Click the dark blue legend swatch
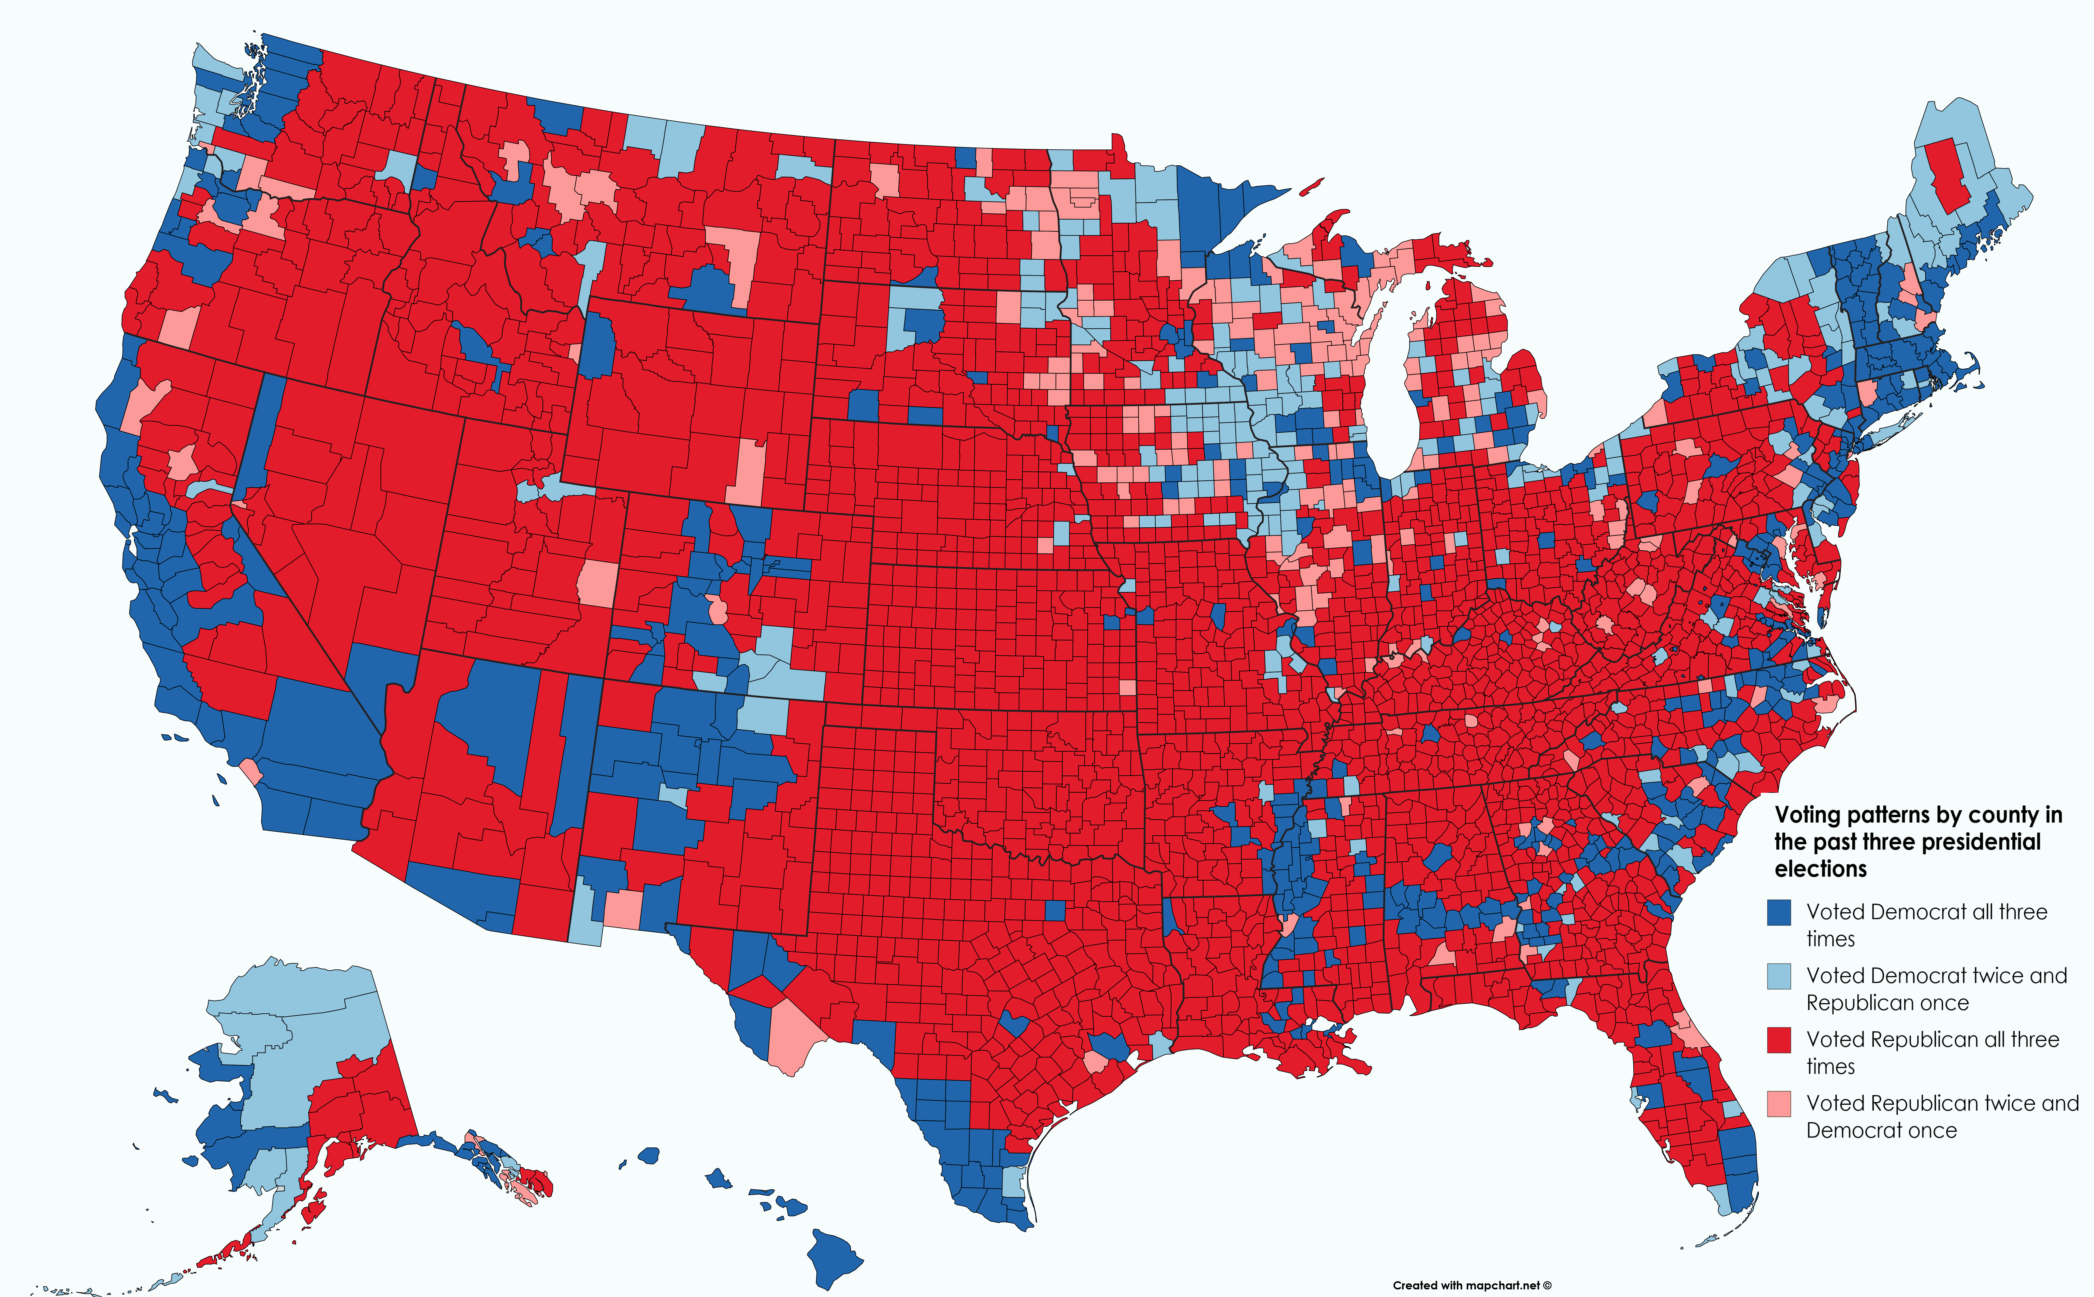click(x=1779, y=912)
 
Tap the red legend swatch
click(x=1779, y=1040)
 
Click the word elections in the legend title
click(x=1820, y=869)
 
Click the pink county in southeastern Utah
click(x=596, y=583)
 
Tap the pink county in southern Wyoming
click(x=749, y=472)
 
